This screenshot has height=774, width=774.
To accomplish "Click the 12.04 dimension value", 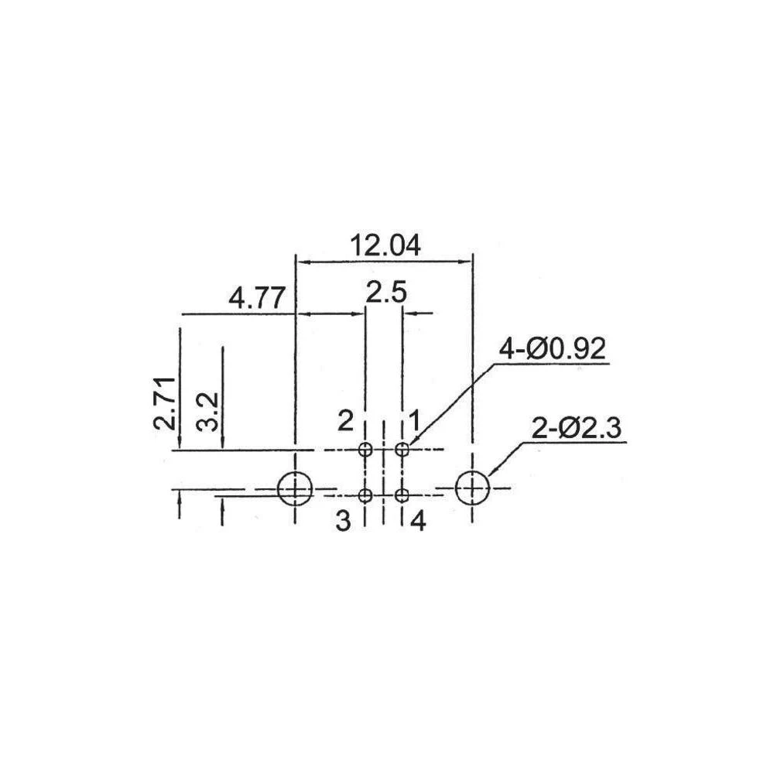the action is [385, 245].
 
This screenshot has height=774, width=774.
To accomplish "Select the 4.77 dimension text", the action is [257, 298].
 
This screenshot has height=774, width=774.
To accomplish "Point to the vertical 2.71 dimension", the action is [164, 403].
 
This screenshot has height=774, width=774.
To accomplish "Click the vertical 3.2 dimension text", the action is [207, 413].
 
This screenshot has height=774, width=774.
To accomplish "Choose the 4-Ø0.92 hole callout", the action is [552, 349].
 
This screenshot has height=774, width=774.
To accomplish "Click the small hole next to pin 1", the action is [402, 449].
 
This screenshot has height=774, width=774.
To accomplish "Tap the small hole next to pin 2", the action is [365, 449].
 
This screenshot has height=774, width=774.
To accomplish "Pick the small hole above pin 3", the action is [365, 495].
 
